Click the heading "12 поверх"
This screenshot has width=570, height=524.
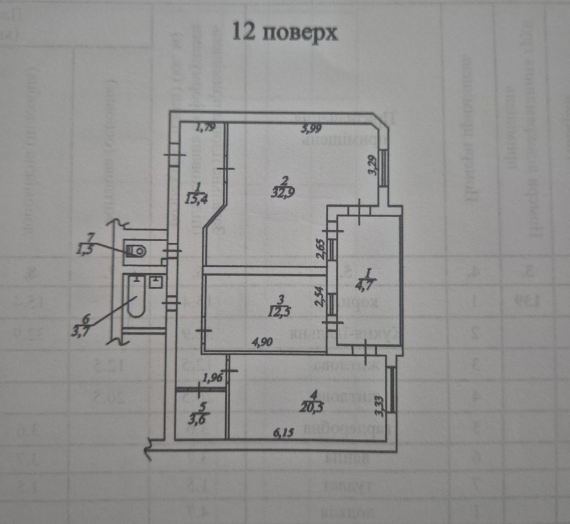pyautogui.click(x=285, y=33)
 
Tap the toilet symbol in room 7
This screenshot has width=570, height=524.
pyautogui.click(x=136, y=250)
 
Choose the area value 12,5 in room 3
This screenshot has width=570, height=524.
pyautogui.click(x=278, y=311)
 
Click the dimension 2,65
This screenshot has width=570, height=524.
pyautogui.click(x=320, y=250)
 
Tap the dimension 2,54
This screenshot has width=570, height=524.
pyautogui.click(x=320, y=296)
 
